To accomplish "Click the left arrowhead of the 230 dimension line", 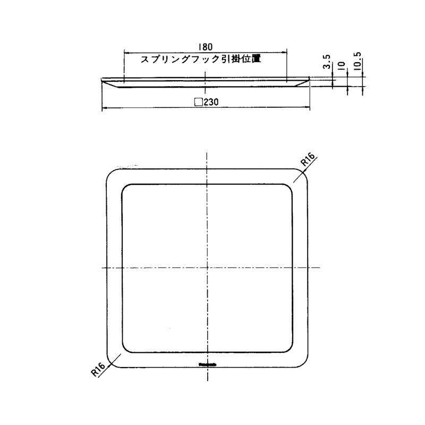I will coord(104,108).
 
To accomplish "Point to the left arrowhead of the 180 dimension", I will coord(126,52).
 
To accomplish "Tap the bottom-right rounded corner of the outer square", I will coord(304,363).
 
